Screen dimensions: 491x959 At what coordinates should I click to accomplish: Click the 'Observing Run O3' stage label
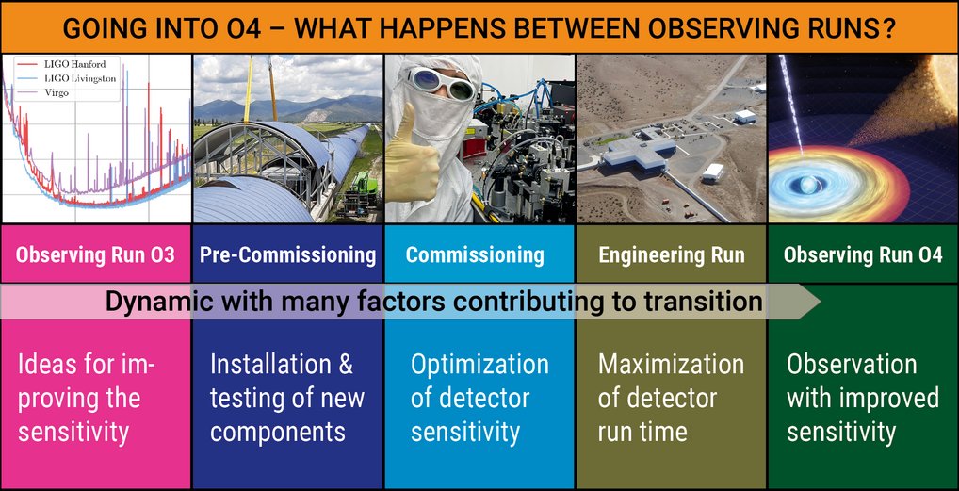pos(95,254)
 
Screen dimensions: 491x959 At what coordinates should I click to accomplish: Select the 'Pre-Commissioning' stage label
pos(287,254)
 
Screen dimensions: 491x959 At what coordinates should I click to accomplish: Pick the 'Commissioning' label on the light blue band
pos(475,254)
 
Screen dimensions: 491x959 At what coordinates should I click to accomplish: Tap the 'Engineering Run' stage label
pos(671,254)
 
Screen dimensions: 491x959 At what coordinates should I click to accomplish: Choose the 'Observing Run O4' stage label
pos(863,254)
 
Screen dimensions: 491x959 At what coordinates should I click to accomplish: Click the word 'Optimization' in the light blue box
pos(479,365)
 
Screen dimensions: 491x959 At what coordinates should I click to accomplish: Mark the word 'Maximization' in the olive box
pos(671,365)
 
